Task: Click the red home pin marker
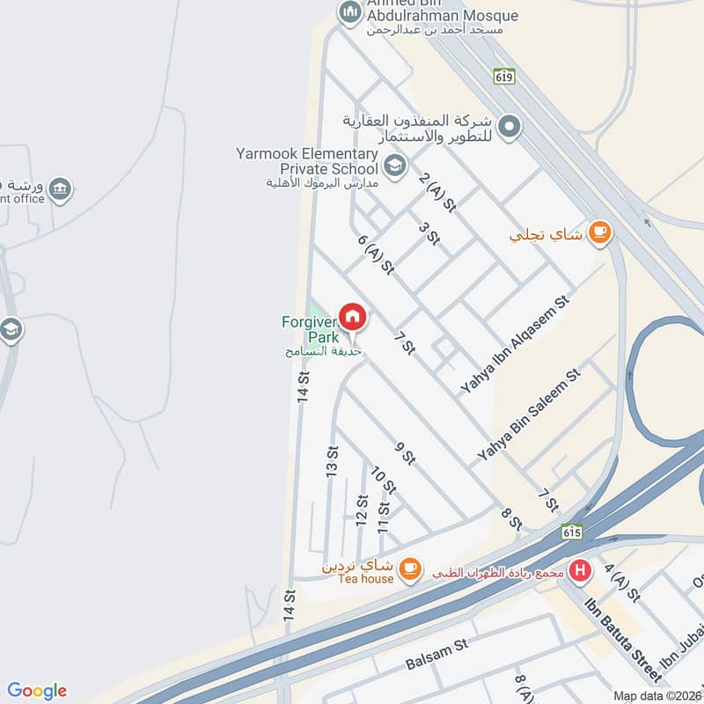(353, 317)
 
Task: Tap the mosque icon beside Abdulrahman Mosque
(349, 11)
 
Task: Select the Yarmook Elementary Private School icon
(395, 164)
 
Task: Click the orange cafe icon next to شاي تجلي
(600, 232)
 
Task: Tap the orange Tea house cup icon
(409, 568)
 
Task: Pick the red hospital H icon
(580, 570)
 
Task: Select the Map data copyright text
(656, 695)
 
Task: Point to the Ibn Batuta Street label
(623, 639)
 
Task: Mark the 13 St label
(333, 463)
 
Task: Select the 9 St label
(405, 452)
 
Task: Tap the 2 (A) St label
(437, 192)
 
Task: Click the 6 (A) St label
(375, 254)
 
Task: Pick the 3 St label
(429, 232)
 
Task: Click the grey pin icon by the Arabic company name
(509, 128)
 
